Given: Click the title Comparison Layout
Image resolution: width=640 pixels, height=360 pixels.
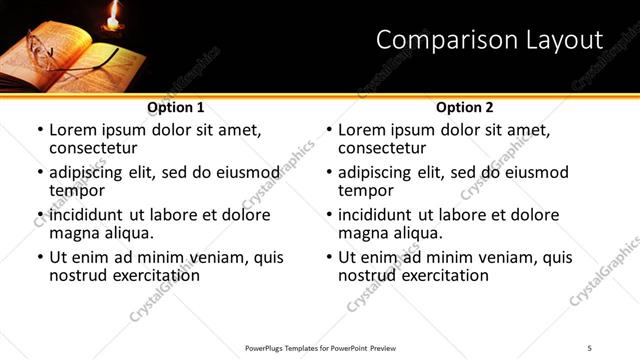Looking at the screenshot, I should click(490, 41).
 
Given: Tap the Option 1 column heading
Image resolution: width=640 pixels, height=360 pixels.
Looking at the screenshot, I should click(176, 107).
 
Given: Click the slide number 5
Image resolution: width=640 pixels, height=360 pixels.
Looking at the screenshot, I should click(590, 347).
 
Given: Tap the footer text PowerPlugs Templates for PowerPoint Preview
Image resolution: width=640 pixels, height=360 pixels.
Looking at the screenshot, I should click(320, 347).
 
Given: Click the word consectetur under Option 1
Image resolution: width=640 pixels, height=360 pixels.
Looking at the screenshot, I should click(97, 149).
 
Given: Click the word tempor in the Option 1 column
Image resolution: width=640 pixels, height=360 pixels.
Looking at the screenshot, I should click(77, 191).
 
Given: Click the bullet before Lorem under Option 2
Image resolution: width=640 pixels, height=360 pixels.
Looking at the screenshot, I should click(328, 131).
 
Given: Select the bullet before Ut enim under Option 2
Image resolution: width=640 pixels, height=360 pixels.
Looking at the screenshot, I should click(328, 257).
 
